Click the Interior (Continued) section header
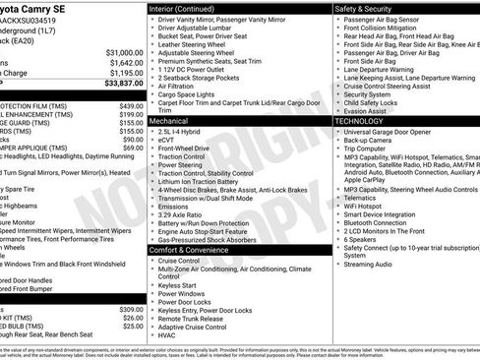pos(189,8)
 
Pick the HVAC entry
pos(168,335)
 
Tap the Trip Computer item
pos(368,148)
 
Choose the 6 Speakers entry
pos(360,239)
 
